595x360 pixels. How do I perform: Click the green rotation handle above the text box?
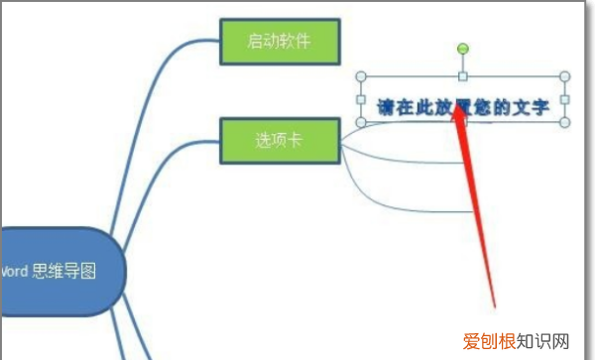pyautogui.click(x=462, y=49)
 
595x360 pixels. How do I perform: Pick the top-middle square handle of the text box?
pyautogui.click(x=462, y=76)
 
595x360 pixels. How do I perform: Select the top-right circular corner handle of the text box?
pyautogui.click(x=565, y=76)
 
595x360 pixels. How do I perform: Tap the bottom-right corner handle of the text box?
pyautogui.click(x=565, y=122)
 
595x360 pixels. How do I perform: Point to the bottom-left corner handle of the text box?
pyautogui.click(x=360, y=123)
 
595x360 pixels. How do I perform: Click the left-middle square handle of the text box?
pyautogui.click(x=360, y=100)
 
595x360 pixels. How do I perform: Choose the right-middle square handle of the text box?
pyautogui.click(x=565, y=99)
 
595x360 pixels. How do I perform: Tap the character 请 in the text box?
pyautogui.click(x=386, y=106)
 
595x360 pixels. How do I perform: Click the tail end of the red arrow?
pyautogui.click(x=493, y=301)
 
